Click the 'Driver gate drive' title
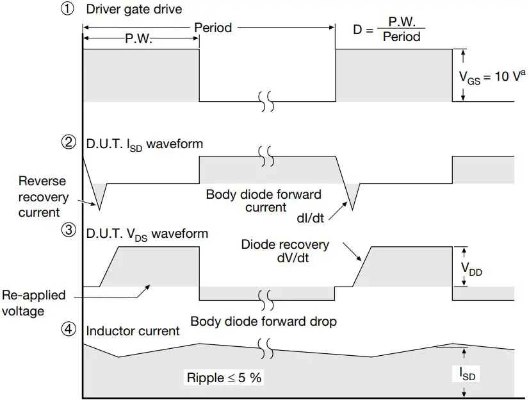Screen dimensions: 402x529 click(x=134, y=10)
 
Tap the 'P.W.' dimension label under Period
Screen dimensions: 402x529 click(x=138, y=39)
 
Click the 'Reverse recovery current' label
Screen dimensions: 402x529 click(x=38, y=196)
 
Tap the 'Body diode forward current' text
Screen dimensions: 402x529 click(x=263, y=201)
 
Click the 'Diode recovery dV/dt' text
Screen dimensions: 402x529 click(x=285, y=251)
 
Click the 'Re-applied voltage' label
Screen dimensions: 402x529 click(x=33, y=303)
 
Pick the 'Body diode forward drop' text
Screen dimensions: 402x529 click(x=263, y=321)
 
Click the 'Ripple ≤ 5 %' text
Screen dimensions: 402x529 click(x=224, y=378)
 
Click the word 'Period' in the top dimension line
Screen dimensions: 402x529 click(x=213, y=28)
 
